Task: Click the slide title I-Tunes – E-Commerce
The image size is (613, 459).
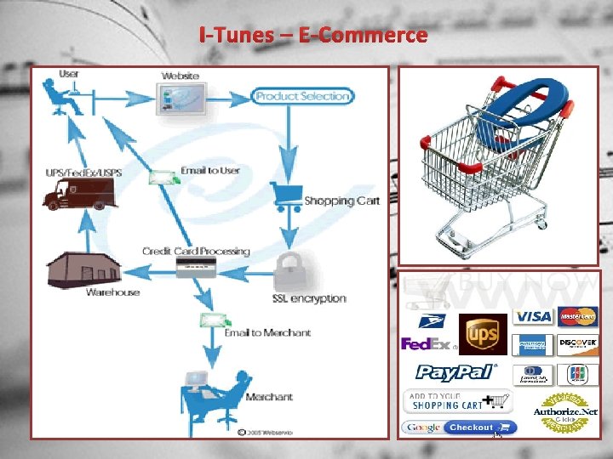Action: [312, 36]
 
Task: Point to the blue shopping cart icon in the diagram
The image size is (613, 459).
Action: [284, 196]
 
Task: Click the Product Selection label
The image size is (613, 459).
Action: [302, 96]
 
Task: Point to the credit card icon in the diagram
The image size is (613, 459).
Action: [196, 268]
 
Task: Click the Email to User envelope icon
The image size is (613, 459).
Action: [164, 176]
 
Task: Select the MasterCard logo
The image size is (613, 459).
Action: [578, 316]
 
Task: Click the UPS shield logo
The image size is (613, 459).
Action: [483, 332]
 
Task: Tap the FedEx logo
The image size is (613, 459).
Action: [426, 344]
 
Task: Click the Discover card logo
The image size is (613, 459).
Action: [578, 344]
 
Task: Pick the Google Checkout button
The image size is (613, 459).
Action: [460, 428]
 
